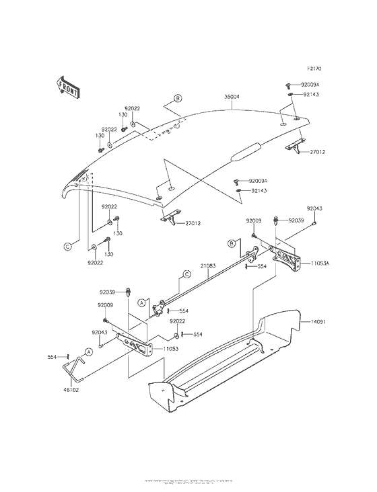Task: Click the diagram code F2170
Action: pos(316,69)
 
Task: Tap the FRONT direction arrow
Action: pos(65,87)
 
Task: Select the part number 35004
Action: pos(232,97)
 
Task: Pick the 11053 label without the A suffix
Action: pos(170,350)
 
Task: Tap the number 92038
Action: pos(108,292)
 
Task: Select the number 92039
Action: pos(297,220)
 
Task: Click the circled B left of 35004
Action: pos(178,98)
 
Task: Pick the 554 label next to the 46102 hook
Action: pos(51,356)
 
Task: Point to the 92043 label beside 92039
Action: pos(315,208)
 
